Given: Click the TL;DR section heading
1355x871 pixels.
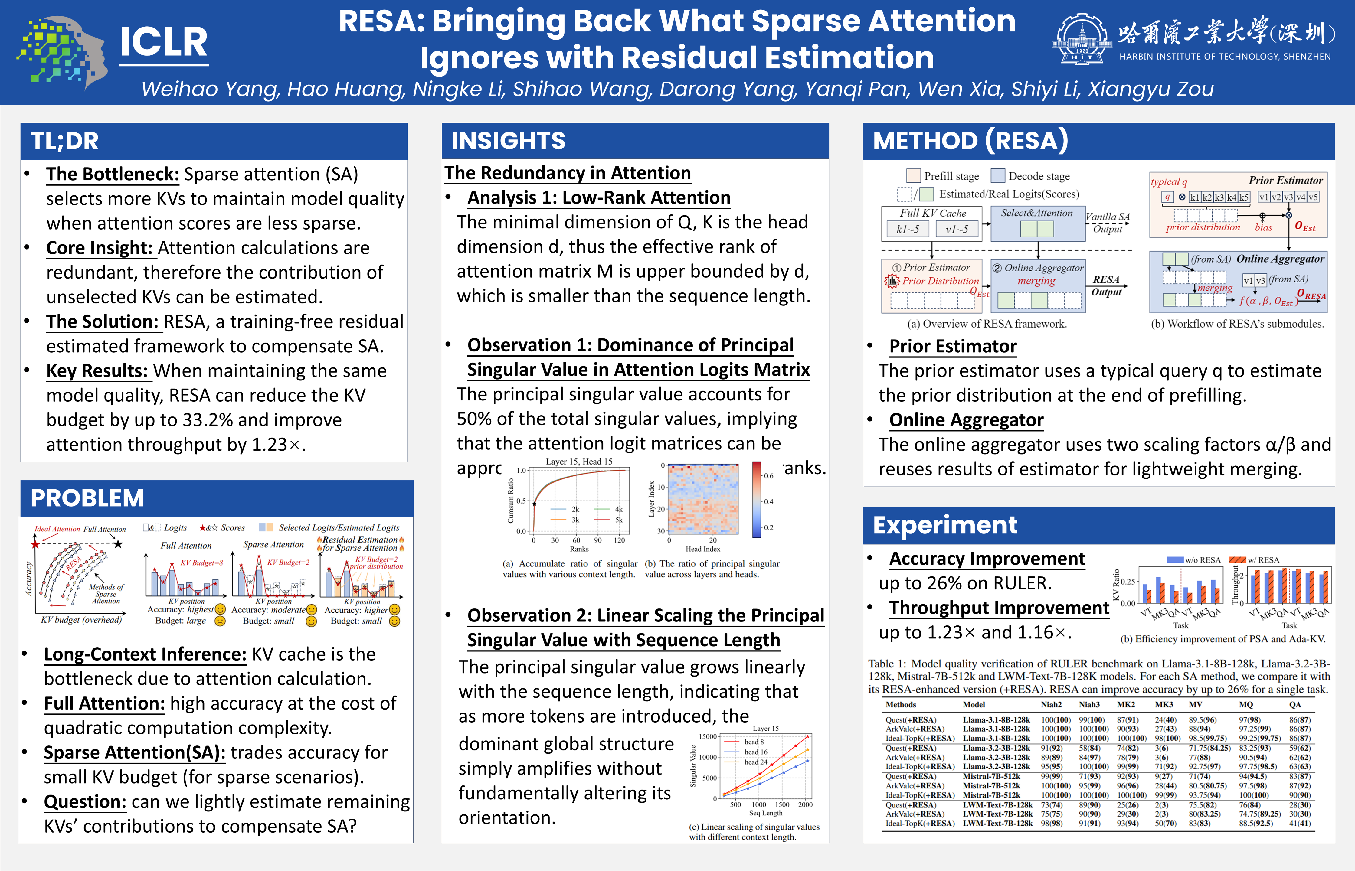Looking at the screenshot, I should (x=64, y=141).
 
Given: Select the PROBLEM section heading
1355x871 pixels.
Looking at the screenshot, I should (x=87, y=498).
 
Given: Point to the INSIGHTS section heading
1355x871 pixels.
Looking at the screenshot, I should (x=508, y=141).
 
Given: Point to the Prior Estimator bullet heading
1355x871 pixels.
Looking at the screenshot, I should (x=953, y=346).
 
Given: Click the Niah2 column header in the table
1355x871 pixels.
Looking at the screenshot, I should (x=1051, y=705).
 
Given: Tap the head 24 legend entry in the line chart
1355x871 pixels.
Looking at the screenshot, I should (x=756, y=762).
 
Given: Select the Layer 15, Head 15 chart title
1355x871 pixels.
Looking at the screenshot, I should (x=579, y=462).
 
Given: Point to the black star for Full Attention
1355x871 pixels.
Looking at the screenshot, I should (x=118, y=544).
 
